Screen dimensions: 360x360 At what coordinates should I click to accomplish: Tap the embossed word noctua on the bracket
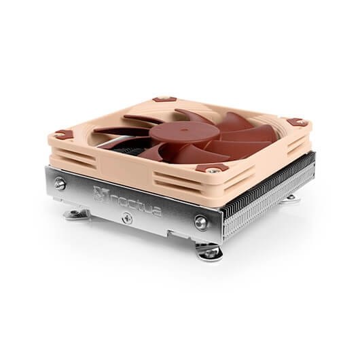(135, 205)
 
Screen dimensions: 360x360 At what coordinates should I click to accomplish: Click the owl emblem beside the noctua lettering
(100, 195)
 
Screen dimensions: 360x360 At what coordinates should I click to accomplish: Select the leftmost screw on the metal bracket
(60, 183)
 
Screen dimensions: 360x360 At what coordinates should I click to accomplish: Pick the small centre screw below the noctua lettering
(127, 217)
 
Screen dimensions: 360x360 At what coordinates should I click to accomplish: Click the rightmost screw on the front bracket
(201, 222)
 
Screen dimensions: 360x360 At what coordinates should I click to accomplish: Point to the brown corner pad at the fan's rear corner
(164, 99)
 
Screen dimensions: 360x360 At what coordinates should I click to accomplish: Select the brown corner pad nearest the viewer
(212, 169)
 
